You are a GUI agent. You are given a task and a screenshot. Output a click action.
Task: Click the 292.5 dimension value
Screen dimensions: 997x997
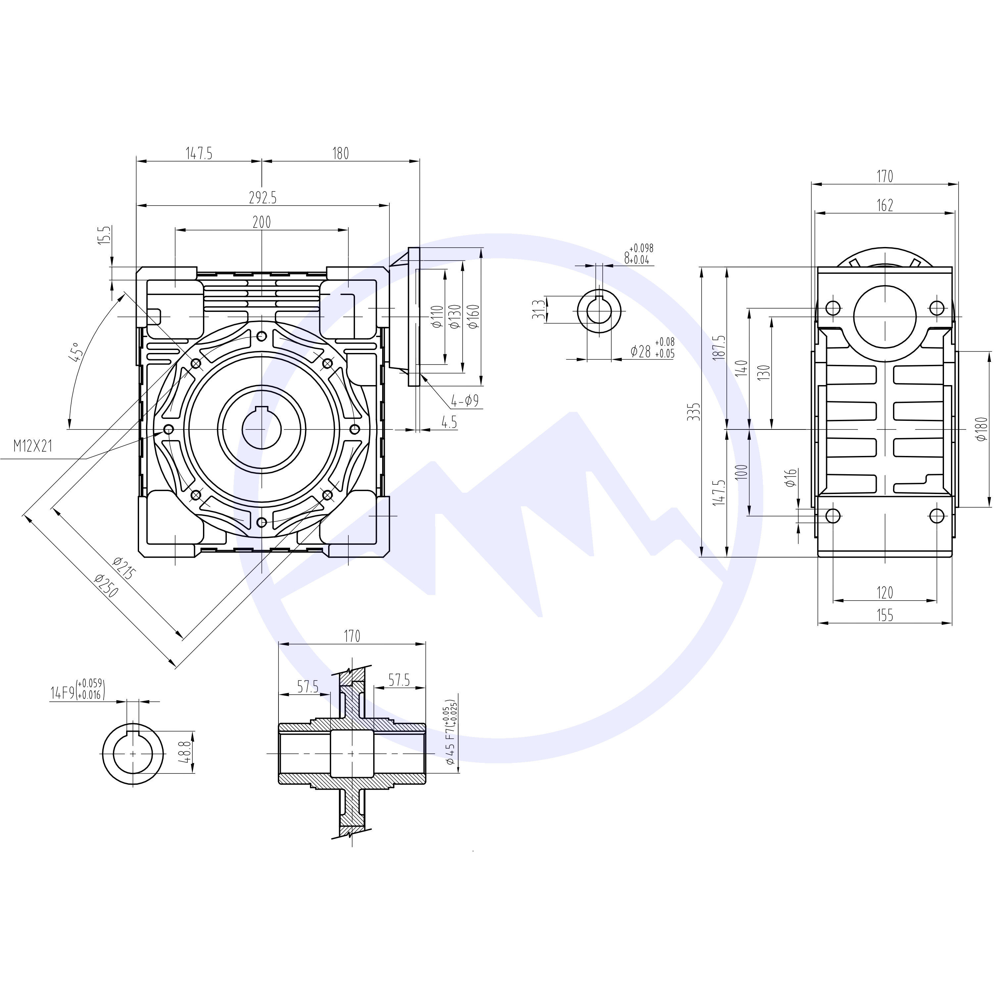click(x=263, y=198)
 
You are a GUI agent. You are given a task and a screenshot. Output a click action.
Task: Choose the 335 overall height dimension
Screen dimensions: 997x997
click(x=696, y=412)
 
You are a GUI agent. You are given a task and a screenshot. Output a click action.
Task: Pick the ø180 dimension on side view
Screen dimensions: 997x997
click(x=981, y=429)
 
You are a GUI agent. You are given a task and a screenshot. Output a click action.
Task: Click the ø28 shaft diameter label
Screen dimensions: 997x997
click(x=652, y=351)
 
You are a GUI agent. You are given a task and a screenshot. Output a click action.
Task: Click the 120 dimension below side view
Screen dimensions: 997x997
click(x=884, y=592)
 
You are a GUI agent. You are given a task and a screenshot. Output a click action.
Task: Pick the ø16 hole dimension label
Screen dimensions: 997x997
click(x=791, y=478)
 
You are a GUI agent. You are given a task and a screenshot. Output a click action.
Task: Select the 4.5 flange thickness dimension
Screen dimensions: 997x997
click(x=449, y=422)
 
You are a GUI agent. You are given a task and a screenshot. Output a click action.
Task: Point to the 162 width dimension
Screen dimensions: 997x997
click(x=884, y=205)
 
